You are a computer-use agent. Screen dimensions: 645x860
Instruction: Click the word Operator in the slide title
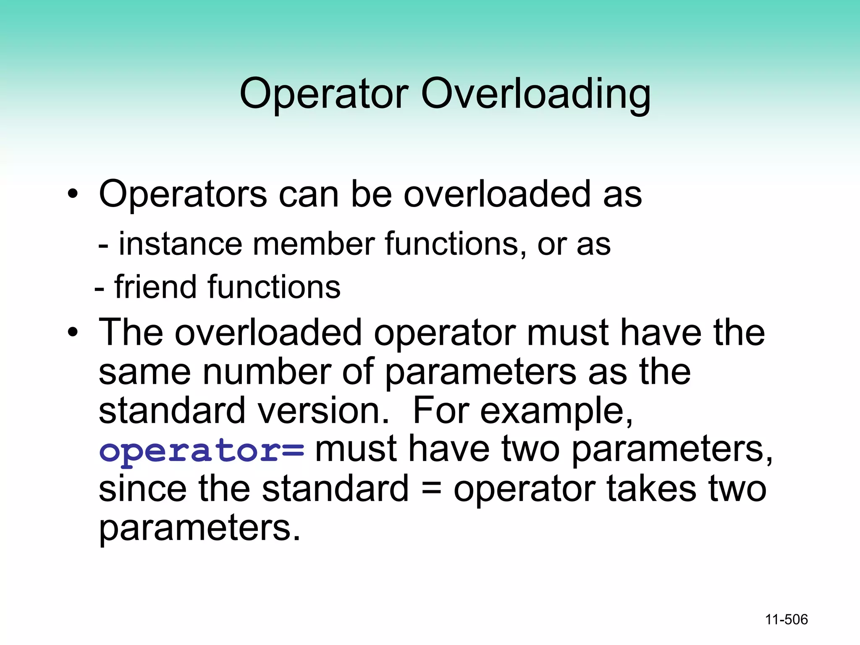324,94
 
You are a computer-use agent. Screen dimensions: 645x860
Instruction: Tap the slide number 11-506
786,619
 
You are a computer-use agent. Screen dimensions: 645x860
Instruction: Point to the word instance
180,244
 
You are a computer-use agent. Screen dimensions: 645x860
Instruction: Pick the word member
314,244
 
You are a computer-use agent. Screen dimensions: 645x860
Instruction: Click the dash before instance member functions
103,246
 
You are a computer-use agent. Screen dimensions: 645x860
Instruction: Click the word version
324,411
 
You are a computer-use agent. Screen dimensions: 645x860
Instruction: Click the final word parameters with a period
199,528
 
